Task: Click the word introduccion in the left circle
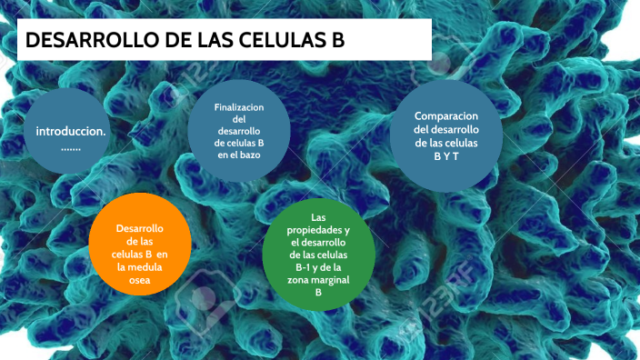70,131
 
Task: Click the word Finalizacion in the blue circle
239,107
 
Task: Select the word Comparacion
446,116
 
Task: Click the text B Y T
446,155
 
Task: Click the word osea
139,281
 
